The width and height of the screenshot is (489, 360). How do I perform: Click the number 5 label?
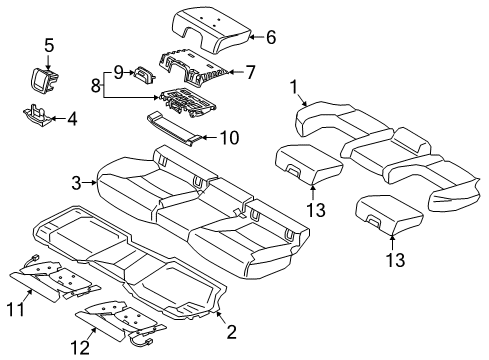point(48,44)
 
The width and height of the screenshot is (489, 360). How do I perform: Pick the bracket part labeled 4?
point(35,118)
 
